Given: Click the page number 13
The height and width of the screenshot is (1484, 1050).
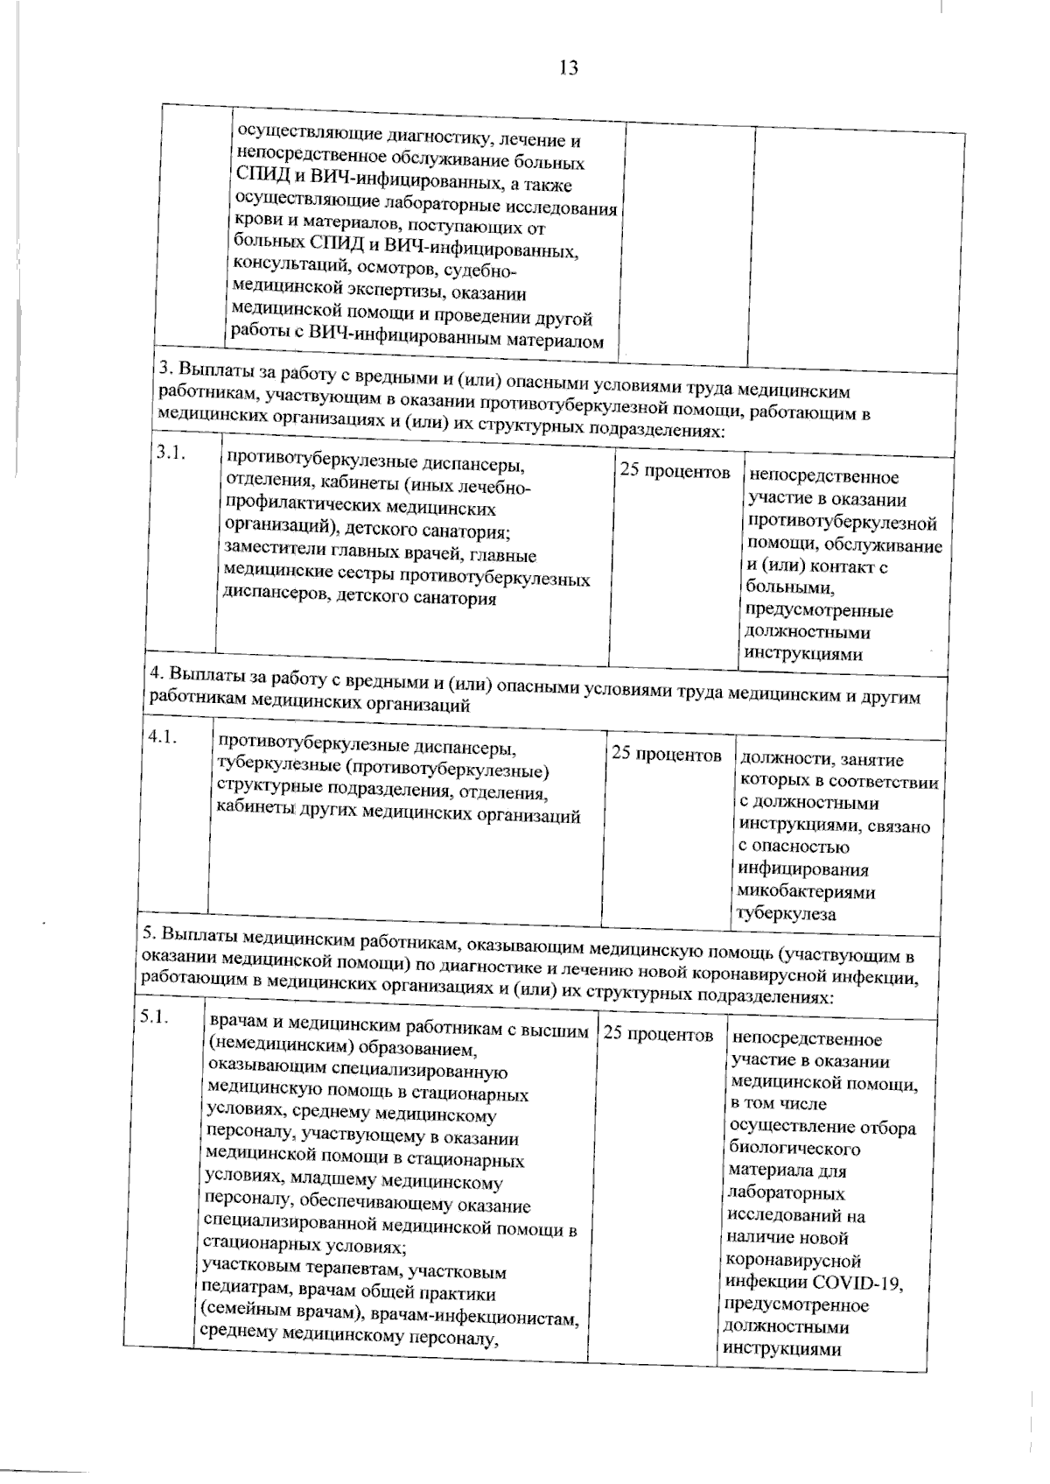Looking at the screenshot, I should click(x=568, y=67).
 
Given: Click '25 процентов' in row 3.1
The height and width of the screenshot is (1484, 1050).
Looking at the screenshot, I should click(x=675, y=472).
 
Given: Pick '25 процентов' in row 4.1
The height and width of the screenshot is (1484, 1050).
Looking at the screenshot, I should click(x=667, y=754).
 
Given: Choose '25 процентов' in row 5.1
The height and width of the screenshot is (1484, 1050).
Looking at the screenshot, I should click(x=658, y=1035).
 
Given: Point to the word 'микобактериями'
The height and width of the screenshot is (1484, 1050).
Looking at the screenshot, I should click(x=806, y=892).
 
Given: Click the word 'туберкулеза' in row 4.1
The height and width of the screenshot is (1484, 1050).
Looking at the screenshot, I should click(x=785, y=915).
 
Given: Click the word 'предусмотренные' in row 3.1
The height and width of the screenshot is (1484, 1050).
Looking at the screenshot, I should click(x=819, y=610).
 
